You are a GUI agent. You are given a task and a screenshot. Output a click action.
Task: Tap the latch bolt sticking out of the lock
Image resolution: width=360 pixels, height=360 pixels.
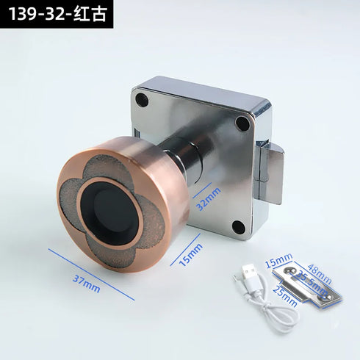(x=273, y=173)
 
